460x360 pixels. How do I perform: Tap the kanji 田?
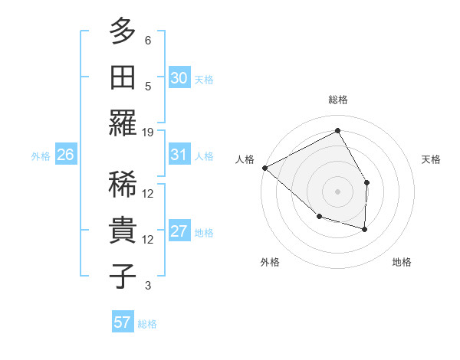123,77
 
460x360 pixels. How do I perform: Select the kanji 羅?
123,123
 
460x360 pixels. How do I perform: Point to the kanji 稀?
123,184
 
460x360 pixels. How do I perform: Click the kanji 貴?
123,230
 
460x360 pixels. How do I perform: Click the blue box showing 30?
179,78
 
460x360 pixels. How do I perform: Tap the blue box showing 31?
179,155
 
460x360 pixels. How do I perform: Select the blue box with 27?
179,231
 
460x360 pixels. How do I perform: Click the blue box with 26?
65,155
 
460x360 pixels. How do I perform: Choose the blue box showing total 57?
123,322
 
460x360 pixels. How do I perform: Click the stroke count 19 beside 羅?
148,132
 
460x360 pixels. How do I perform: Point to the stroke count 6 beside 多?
148,40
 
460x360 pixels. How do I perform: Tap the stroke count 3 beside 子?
148,286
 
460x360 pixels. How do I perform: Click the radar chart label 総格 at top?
337,100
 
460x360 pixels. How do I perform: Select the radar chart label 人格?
245,159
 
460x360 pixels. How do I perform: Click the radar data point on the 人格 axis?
264,168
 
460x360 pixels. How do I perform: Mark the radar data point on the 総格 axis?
337,131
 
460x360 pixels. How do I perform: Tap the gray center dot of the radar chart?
337,191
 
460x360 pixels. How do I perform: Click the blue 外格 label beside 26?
41,155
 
